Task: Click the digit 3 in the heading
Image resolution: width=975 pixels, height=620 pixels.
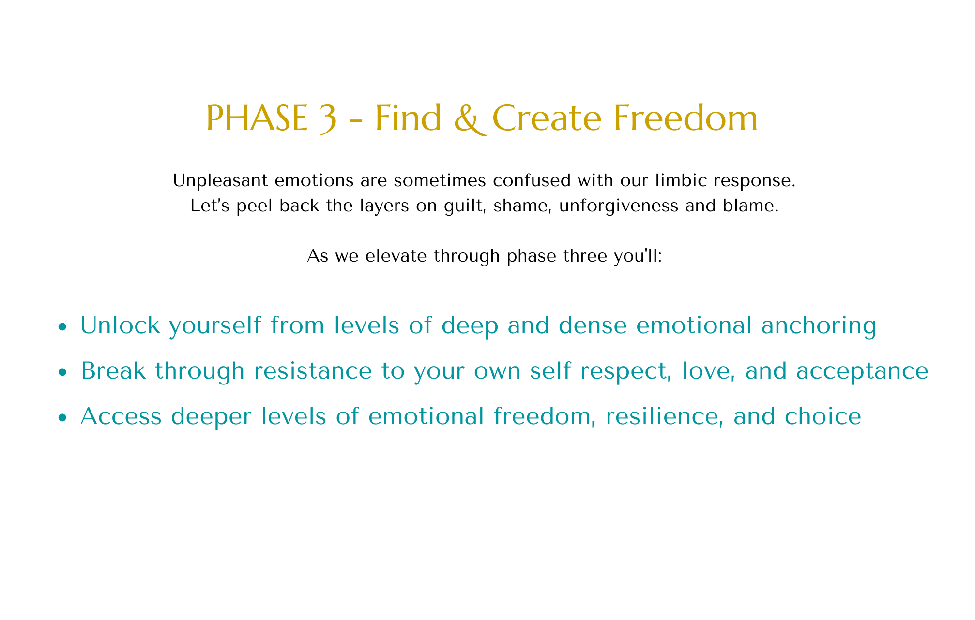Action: click(x=327, y=119)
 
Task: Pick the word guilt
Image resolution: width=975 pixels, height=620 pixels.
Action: click(x=459, y=206)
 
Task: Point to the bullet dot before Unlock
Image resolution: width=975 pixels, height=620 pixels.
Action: click(x=61, y=327)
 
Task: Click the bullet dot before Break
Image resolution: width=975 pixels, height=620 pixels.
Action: click(x=61, y=372)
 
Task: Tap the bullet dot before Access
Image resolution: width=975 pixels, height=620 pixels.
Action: click(x=61, y=418)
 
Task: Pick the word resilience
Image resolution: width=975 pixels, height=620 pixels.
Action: click(x=666, y=417)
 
